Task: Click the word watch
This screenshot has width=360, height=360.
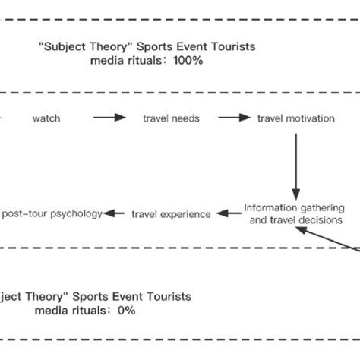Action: click(x=46, y=118)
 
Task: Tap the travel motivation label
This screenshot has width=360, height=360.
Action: click(x=296, y=118)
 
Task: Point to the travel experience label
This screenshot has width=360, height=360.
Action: click(x=171, y=214)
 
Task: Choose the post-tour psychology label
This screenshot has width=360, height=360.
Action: click(x=51, y=214)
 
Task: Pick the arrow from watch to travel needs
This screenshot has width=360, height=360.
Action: click(x=109, y=118)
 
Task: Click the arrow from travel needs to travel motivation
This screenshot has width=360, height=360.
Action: click(x=234, y=118)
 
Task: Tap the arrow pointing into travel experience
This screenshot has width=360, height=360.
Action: click(x=227, y=214)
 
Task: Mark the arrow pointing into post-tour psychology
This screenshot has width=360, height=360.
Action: click(x=115, y=214)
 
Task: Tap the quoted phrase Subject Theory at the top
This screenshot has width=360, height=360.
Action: click(x=74, y=46)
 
